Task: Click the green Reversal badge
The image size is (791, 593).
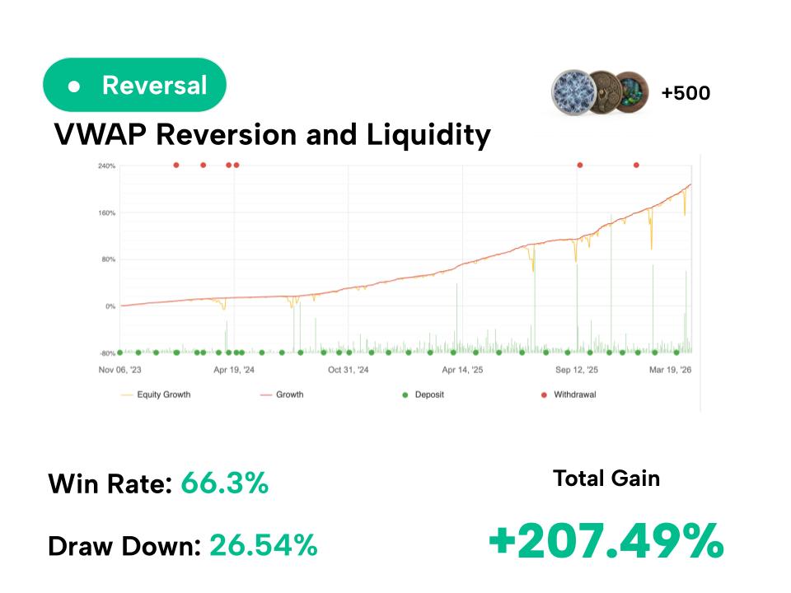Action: coord(134,85)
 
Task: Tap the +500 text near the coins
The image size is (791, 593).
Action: coord(685,93)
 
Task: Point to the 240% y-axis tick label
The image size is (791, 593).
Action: coord(106,166)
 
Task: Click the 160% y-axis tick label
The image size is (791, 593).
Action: coord(106,212)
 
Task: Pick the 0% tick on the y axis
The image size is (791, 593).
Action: coord(110,306)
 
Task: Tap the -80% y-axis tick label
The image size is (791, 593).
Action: coord(106,353)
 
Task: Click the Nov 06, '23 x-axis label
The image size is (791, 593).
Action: coord(119,370)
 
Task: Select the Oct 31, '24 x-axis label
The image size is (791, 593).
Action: coord(349,370)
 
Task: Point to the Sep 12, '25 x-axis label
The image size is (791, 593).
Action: coord(577,370)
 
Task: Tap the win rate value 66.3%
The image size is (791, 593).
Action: coord(224,483)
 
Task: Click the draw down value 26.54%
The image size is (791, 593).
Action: coord(263,544)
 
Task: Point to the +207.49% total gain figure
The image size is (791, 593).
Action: coord(606,541)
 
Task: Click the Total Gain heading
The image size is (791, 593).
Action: coord(606,478)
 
